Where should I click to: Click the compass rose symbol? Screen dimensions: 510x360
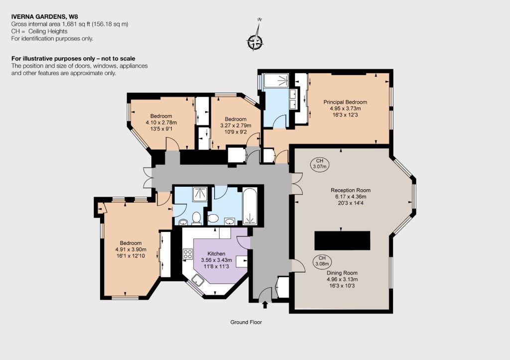[x=255, y=42]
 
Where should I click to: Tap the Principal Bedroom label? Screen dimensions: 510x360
[x=345, y=102]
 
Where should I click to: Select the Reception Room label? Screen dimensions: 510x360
[x=351, y=190]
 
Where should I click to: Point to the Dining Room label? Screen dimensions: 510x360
[x=342, y=273]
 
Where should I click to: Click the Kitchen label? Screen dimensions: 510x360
[x=216, y=253]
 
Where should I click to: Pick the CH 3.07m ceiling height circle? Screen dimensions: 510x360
[x=320, y=164]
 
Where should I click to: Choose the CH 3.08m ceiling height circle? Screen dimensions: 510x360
[x=322, y=261]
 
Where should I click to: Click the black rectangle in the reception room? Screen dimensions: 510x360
[x=342, y=240]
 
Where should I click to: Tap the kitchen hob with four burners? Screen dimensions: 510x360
[x=188, y=253]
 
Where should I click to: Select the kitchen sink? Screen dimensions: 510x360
[x=197, y=280]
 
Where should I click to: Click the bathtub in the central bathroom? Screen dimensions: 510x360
[x=250, y=206]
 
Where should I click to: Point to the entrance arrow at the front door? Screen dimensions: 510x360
[x=265, y=305]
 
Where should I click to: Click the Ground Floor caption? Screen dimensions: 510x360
[x=246, y=322]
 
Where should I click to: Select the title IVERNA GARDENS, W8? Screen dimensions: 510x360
[x=44, y=16]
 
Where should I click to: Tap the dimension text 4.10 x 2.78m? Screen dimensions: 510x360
[x=161, y=122]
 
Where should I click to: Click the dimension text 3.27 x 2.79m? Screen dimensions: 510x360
[x=236, y=125]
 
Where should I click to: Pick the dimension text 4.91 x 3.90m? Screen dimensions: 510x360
[x=131, y=249]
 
